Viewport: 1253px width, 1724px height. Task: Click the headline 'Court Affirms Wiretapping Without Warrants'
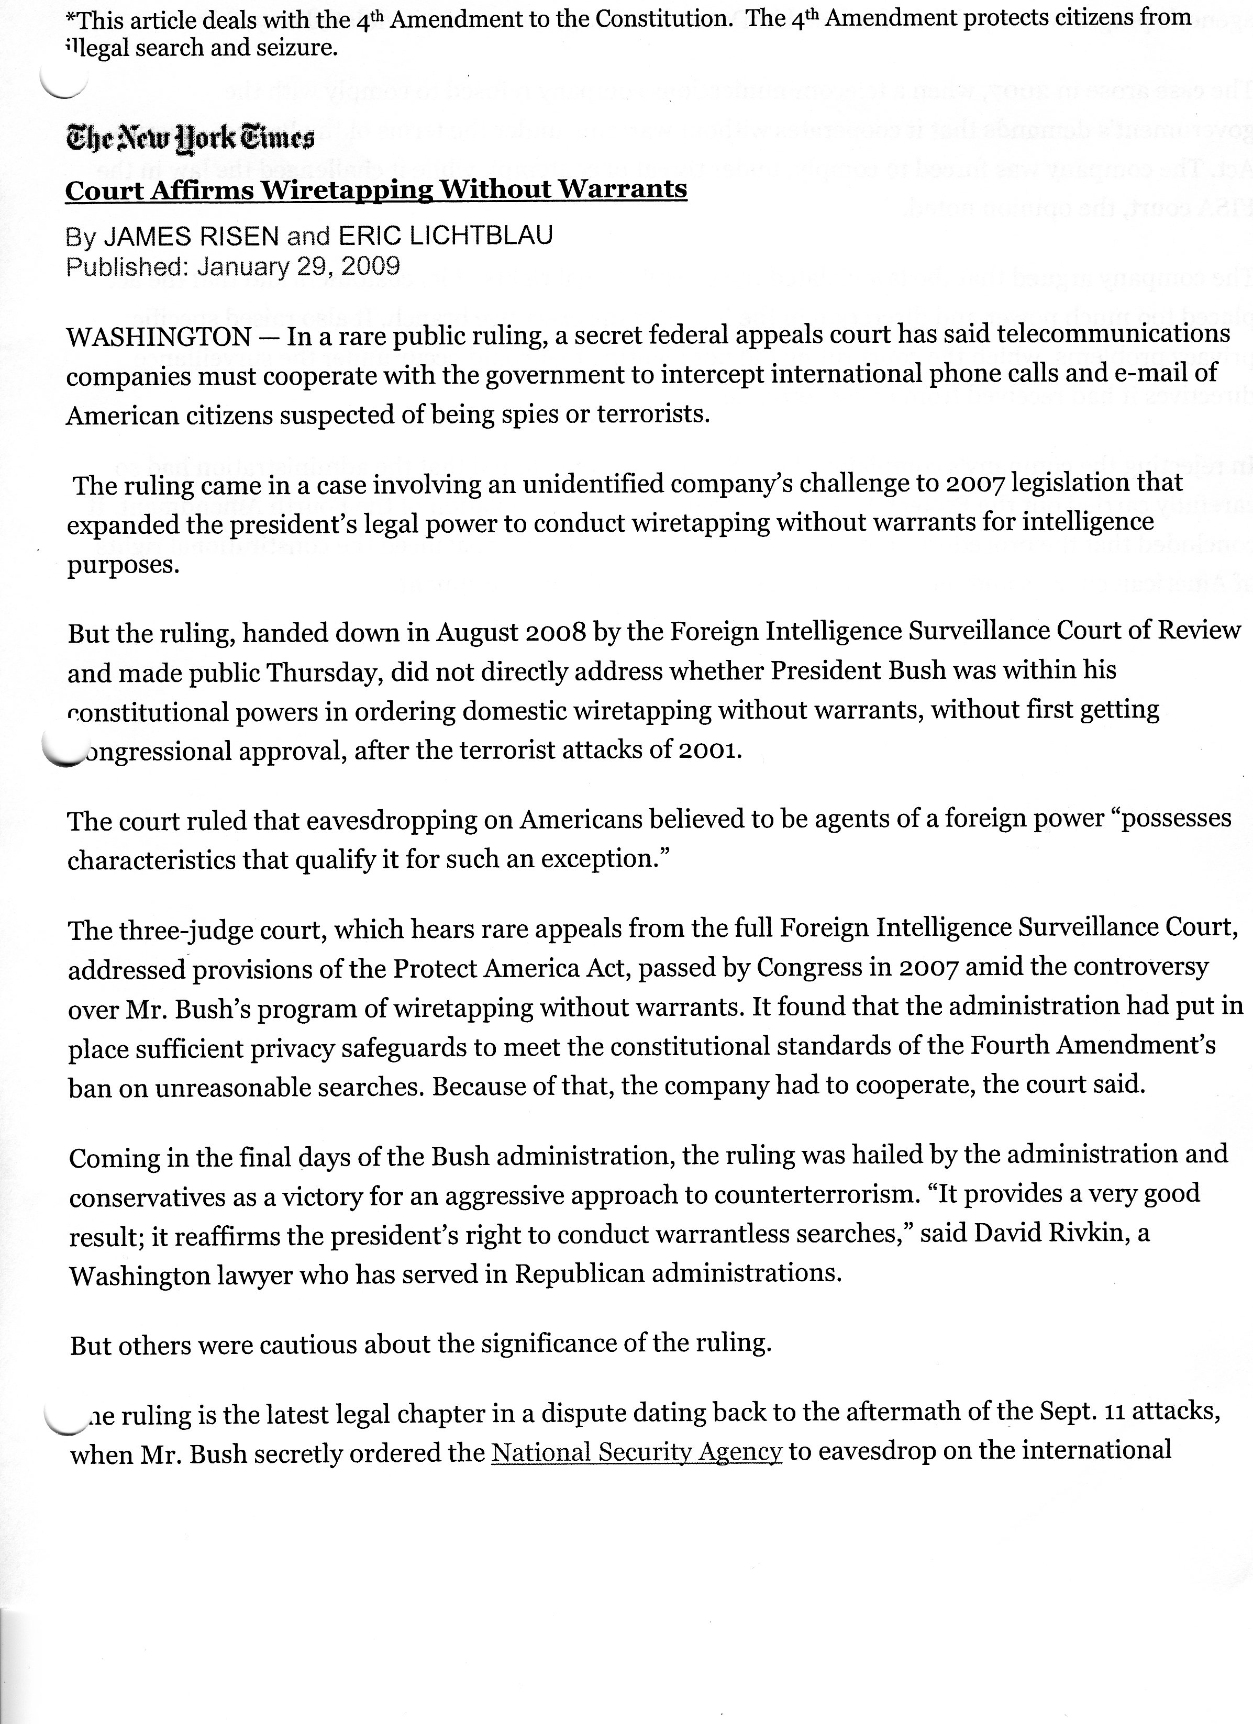[376, 189]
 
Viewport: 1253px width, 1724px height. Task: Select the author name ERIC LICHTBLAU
[446, 237]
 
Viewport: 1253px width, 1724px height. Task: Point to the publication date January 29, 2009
[298, 266]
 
